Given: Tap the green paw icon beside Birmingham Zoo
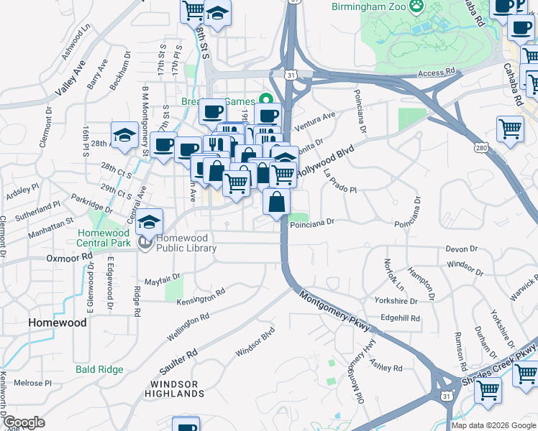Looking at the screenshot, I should (x=416, y=6).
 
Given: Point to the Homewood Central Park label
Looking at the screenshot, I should (x=104, y=238).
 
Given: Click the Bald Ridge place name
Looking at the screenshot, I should (x=99, y=369).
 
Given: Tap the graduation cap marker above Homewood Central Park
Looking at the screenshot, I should (x=150, y=221).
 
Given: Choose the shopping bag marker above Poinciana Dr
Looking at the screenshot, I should (x=277, y=202).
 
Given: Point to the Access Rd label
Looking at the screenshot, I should (x=437, y=73).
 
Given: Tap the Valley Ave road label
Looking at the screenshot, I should (x=70, y=80).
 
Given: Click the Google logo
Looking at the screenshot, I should (x=24, y=422).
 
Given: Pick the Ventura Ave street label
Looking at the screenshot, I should (x=315, y=117).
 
